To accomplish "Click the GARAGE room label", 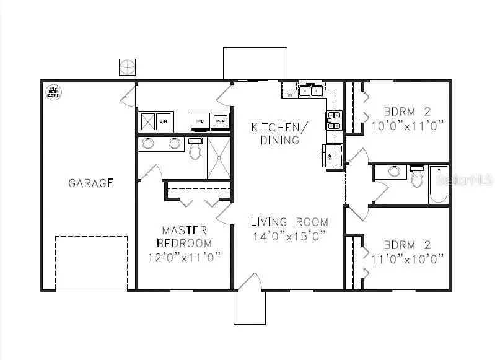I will pyautogui.click(x=91, y=183).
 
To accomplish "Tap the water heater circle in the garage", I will pyautogui.click(x=53, y=92).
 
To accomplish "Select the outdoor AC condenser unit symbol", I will pyautogui.click(x=126, y=66).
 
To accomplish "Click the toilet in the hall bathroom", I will pyautogui.click(x=418, y=177).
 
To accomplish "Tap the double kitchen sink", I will pyautogui.click(x=310, y=91).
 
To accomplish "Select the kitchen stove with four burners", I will pyautogui.click(x=333, y=120).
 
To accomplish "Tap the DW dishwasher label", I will pyautogui.click(x=290, y=95).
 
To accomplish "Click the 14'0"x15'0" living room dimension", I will pyautogui.click(x=289, y=236).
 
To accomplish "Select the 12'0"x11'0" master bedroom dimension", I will pyautogui.click(x=184, y=257).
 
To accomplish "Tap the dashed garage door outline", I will pyautogui.click(x=92, y=263).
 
